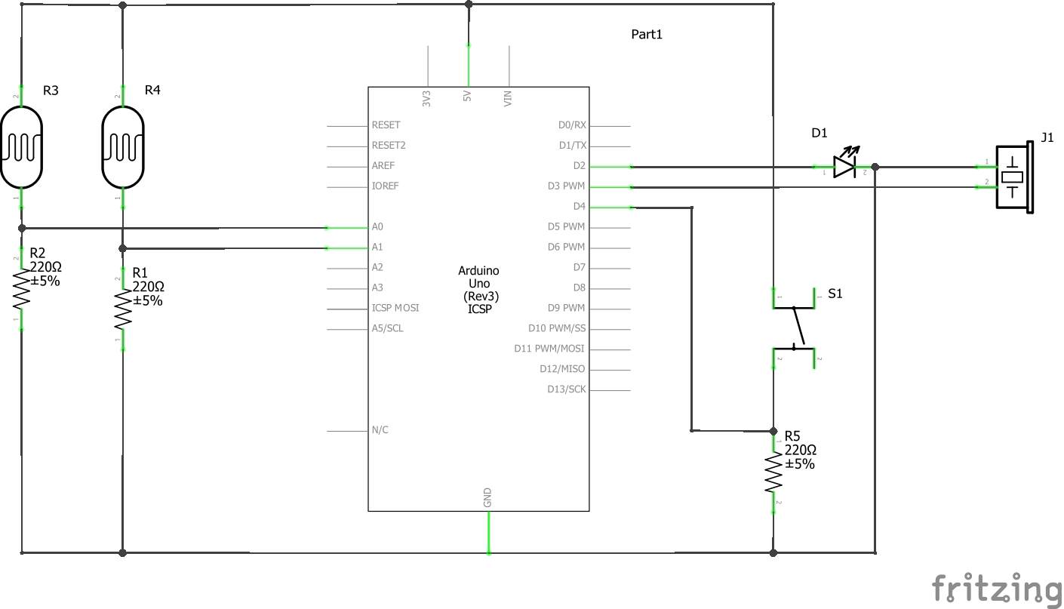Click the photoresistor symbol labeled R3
pos(21,147)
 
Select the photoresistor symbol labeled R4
pos(122,147)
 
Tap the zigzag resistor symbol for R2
pos(21,291)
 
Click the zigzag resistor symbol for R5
pos(773,472)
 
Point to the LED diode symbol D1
pos(844,167)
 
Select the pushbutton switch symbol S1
pos(794,329)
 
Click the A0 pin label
pos(377,226)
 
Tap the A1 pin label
pos(377,247)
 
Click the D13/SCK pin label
pos(566,389)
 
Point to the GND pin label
pos(487,497)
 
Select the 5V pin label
pos(467,97)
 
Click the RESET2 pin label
pos(389,145)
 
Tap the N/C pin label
pos(380,430)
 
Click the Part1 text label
pos(647,35)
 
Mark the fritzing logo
pos(996,589)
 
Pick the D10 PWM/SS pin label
pos(557,328)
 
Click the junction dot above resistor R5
pos(773,431)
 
